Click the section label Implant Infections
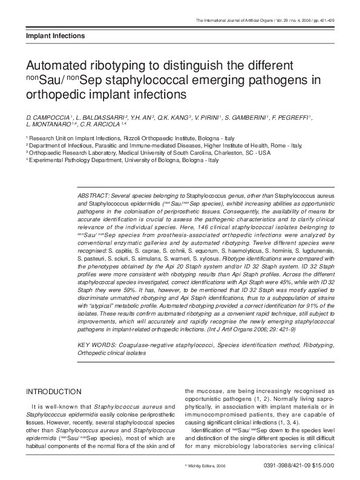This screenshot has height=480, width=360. (x=55, y=36)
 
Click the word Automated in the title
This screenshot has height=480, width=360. (x=57, y=65)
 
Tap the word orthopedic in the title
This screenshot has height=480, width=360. (x=54, y=94)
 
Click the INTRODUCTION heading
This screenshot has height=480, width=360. (x=53, y=392)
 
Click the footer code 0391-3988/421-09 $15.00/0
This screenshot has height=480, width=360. (x=299, y=466)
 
